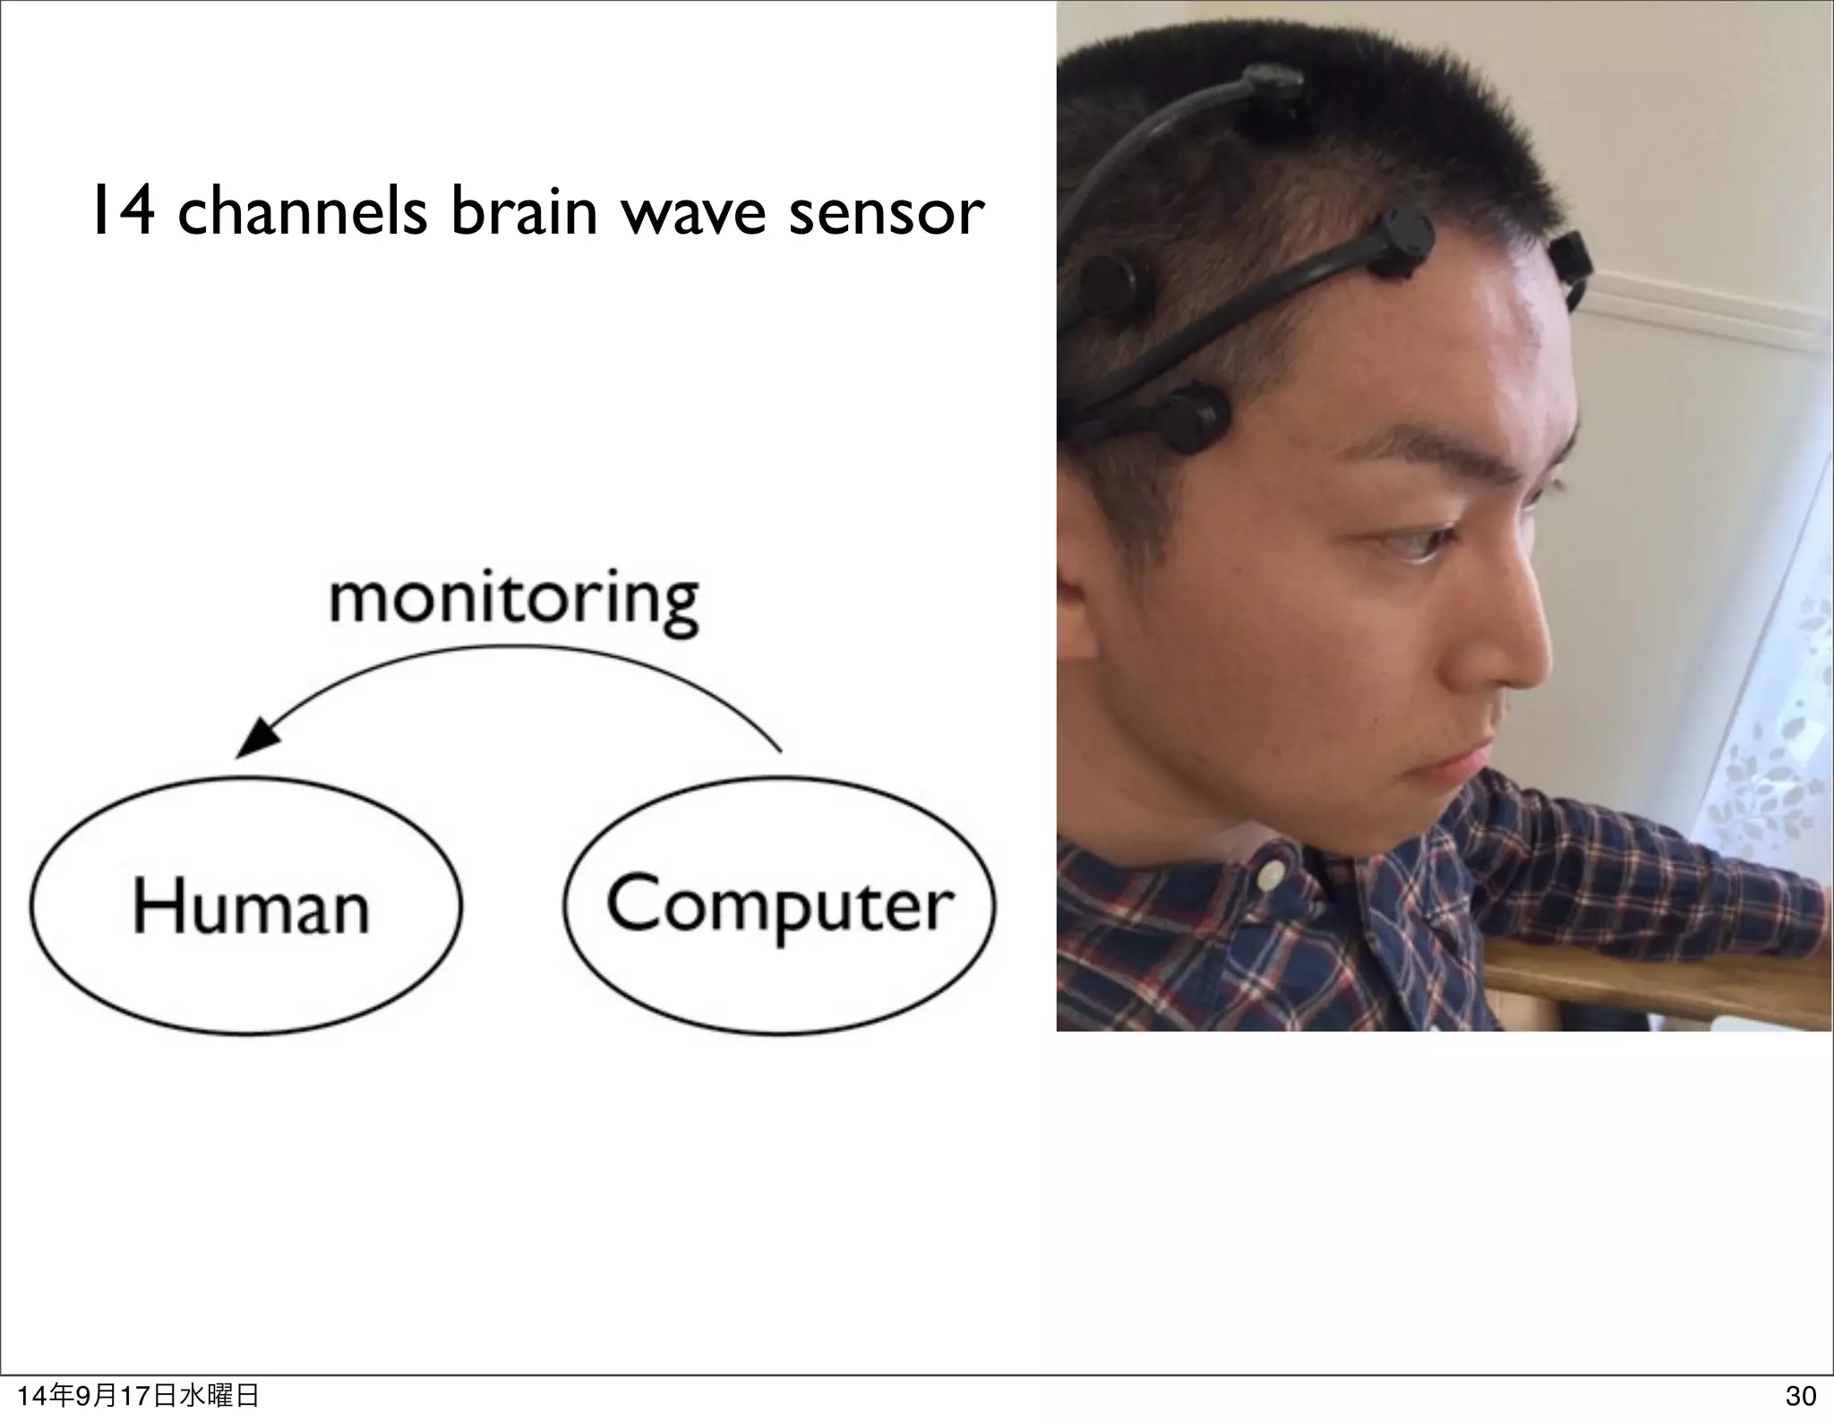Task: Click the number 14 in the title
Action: [122, 213]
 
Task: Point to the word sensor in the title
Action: [886, 215]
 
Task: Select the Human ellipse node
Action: [247, 905]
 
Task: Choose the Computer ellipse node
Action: [779, 905]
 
